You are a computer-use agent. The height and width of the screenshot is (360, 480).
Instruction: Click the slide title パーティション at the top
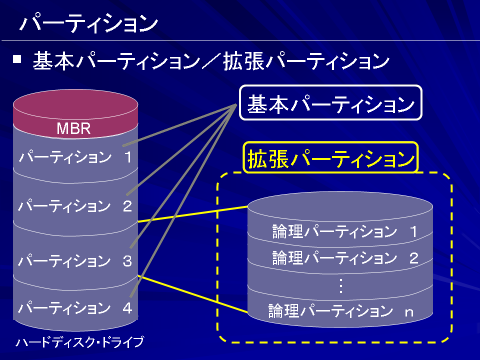point(88,23)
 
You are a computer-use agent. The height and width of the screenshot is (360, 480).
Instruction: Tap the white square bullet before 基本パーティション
point(17,59)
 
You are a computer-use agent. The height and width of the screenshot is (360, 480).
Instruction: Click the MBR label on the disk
point(74,128)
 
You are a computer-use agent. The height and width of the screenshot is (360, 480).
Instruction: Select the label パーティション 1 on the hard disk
point(75,156)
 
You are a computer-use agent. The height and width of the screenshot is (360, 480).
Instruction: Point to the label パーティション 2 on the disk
point(75,205)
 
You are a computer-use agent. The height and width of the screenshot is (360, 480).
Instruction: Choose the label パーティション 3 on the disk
point(75,260)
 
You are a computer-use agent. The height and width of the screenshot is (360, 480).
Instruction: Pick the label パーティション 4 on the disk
point(75,307)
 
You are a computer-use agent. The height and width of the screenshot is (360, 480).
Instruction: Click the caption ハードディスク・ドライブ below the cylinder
point(79,342)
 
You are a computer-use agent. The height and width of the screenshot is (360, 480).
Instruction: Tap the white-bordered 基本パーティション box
point(330,102)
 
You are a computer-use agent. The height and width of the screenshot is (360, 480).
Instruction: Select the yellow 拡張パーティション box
point(330,157)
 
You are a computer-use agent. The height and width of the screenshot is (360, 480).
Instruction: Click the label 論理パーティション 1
point(344,231)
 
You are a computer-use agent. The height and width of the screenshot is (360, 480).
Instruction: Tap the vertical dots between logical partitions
point(340,285)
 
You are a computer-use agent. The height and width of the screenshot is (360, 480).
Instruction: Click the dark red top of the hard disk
point(75,104)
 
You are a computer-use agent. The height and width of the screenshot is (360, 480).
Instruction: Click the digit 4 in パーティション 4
point(127,308)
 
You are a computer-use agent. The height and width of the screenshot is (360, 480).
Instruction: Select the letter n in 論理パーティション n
point(409,312)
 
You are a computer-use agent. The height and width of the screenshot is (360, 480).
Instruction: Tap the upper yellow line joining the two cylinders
point(193,214)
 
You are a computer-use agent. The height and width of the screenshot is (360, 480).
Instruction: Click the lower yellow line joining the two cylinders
point(193,294)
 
